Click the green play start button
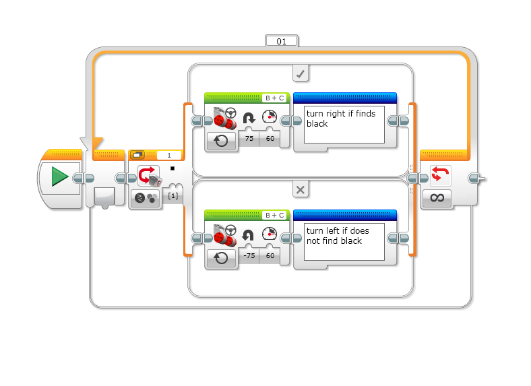pos(60,177)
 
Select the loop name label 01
pos(282,41)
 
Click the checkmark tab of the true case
pos(301,73)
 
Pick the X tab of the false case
pos(301,190)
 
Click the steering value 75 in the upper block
pos(248,139)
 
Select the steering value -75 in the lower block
pos(248,256)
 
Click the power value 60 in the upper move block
pos(270,139)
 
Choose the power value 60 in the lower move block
pos(270,256)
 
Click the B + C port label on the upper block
pos(274,98)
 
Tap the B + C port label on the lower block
pos(274,215)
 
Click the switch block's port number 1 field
pos(168,155)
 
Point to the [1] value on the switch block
pos(173,195)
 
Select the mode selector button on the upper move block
pos(222,141)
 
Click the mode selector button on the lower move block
pos(222,258)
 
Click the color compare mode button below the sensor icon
pos(144,198)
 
